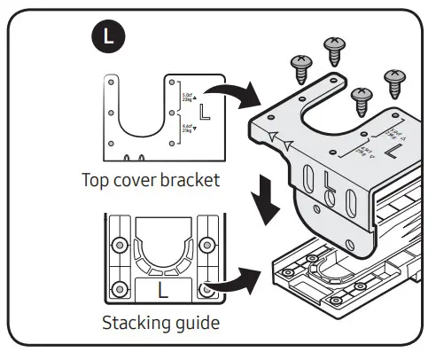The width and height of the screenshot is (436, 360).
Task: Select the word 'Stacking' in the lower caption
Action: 133,321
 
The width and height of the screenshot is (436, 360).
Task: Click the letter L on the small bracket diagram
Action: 206,113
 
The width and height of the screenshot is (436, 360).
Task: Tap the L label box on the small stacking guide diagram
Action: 161,289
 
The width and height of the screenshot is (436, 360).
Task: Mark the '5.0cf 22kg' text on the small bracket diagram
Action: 189,93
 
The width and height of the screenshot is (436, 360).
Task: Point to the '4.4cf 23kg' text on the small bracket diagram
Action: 189,129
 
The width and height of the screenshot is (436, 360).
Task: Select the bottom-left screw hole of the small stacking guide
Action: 115,289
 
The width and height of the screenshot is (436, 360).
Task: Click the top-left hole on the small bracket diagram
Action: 112,82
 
